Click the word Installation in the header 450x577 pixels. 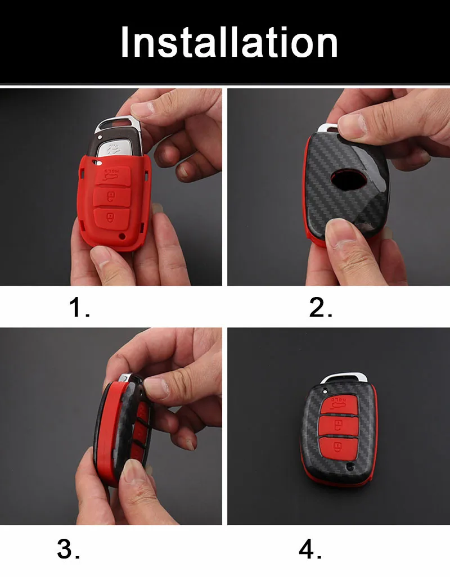click(x=229, y=42)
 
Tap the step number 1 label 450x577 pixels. click(x=79, y=307)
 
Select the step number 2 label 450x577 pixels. click(x=321, y=307)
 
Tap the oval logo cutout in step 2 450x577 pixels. click(x=349, y=179)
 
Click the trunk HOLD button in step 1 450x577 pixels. click(x=112, y=175)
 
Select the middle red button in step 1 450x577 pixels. click(x=111, y=197)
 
